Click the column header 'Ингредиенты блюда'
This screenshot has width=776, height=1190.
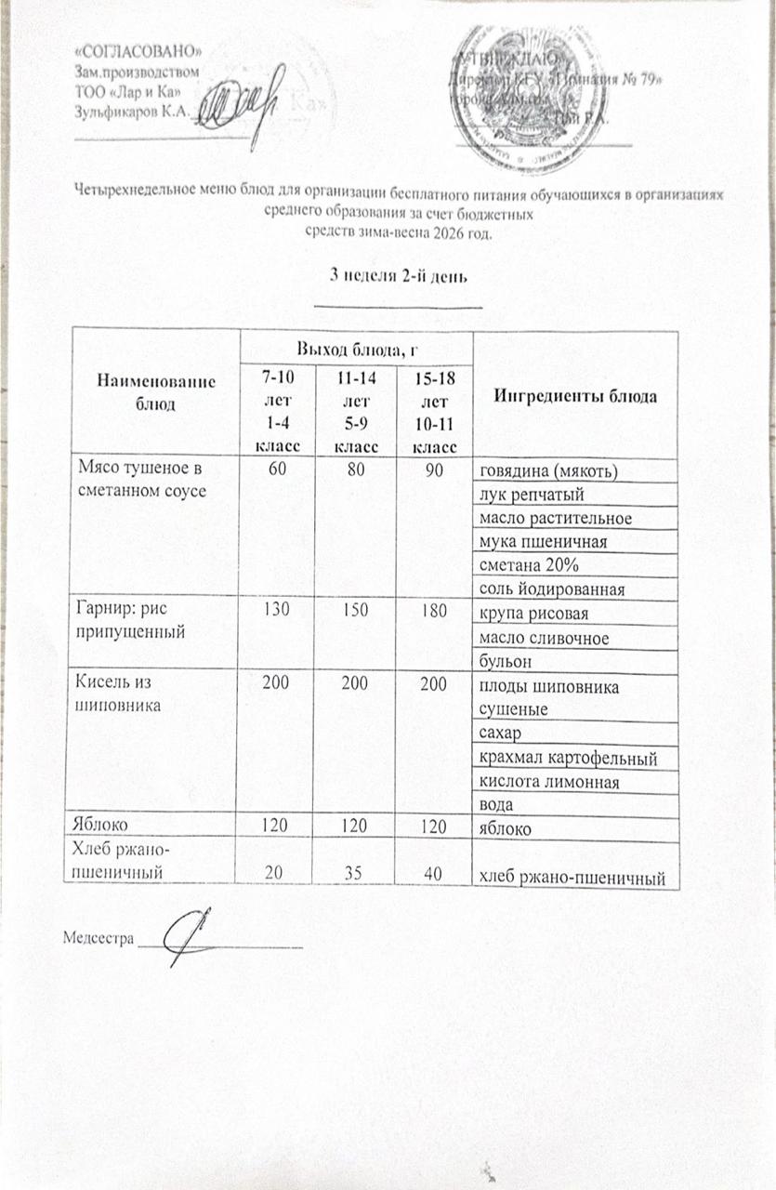point(576,397)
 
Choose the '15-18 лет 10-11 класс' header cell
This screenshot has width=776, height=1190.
point(433,410)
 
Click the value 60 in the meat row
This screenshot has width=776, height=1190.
point(277,470)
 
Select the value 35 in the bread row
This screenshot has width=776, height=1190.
point(355,873)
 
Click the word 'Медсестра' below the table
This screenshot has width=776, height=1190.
point(98,938)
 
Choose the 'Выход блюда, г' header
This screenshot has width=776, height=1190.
point(355,349)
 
